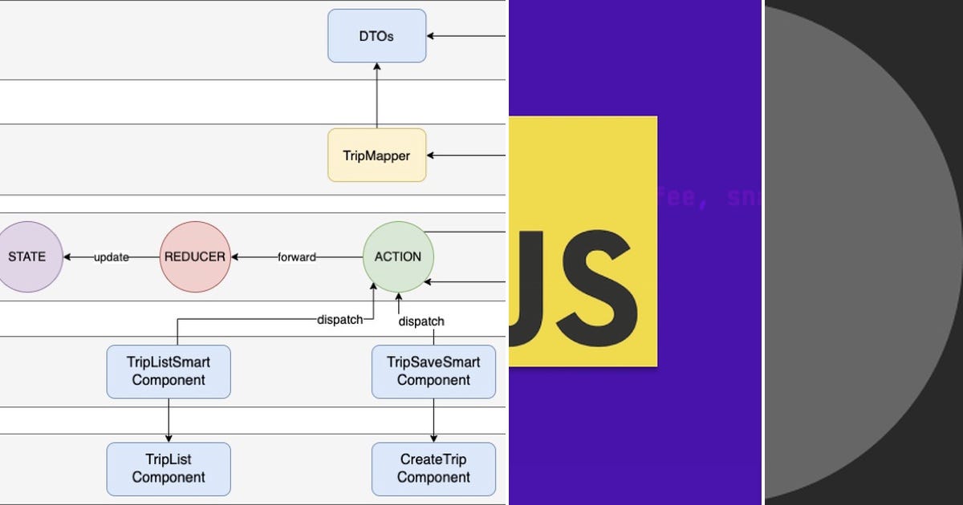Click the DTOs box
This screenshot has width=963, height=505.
point(376,36)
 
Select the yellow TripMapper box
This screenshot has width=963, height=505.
point(376,156)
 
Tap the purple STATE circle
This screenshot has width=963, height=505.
point(28,257)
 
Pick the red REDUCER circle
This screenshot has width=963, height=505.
point(195,257)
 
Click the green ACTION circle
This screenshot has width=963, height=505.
point(398,257)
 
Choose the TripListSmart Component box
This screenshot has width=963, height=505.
point(169,371)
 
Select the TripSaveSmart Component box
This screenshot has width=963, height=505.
point(433,371)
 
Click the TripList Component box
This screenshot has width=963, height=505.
point(169,468)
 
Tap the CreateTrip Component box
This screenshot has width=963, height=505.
point(433,468)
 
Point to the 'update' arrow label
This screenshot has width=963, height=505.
point(112,257)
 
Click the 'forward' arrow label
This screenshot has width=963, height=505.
point(296,257)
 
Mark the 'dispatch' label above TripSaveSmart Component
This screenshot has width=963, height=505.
point(421,321)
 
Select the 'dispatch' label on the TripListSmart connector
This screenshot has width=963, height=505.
point(340,319)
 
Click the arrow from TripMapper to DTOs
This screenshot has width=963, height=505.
point(376,96)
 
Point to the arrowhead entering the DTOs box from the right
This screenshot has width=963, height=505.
point(432,36)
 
